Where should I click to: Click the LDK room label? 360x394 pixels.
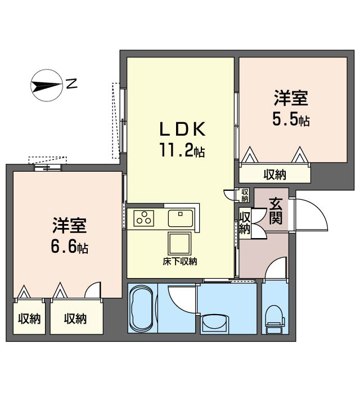(183, 129)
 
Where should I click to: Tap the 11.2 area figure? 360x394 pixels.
(182, 150)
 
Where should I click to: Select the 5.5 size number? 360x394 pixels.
(291, 119)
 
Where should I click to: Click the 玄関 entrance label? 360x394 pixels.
(276, 211)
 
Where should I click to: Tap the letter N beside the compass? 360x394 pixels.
(71, 83)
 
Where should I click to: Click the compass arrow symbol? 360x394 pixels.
(47, 86)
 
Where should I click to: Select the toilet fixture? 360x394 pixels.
(275, 319)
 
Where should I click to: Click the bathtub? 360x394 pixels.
(142, 308)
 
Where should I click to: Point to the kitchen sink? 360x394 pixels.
(180, 218)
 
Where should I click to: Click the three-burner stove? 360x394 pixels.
(144, 218)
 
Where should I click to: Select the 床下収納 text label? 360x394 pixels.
(179, 262)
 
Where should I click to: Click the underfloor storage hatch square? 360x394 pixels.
(179, 243)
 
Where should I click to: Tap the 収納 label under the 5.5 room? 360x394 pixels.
(275, 174)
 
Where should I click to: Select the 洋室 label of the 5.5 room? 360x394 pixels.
(291, 98)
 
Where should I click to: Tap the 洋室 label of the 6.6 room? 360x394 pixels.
(70, 225)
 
